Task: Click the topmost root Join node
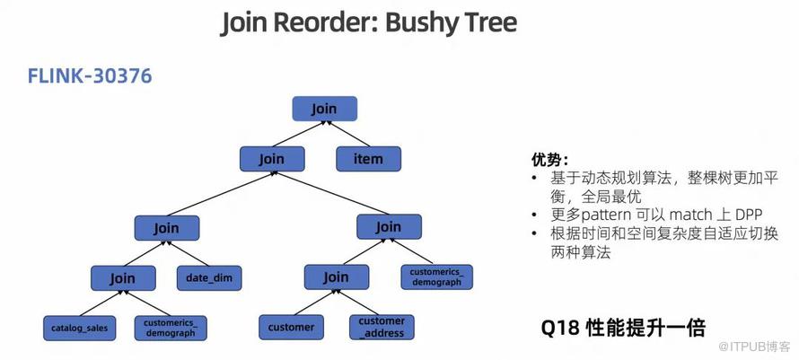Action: pos(324,109)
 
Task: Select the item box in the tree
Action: pos(368,159)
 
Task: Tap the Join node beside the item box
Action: pos(271,159)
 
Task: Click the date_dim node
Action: pos(209,278)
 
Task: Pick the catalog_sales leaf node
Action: pos(79,328)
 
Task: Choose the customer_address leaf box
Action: pos(382,327)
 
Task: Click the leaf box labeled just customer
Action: pos(291,327)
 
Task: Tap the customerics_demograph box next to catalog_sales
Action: pos(171,328)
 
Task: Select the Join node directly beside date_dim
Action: pos(123,278)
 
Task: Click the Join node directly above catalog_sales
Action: pos(123,278)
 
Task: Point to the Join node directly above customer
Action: pos(335,277)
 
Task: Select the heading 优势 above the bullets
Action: pos(549,160)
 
